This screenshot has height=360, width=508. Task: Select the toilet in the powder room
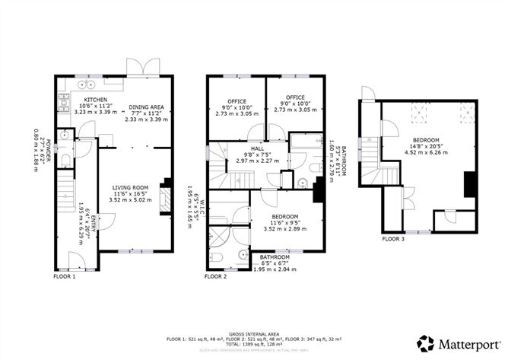click(x=65, y=158)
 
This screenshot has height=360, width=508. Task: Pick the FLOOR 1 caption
click(x=65, y=277)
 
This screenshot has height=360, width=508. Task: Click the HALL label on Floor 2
click(x=248, y=149)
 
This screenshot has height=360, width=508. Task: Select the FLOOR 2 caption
click(x=215, y=277)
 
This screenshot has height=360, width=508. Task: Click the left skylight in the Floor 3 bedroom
click(x=418, y=113)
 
